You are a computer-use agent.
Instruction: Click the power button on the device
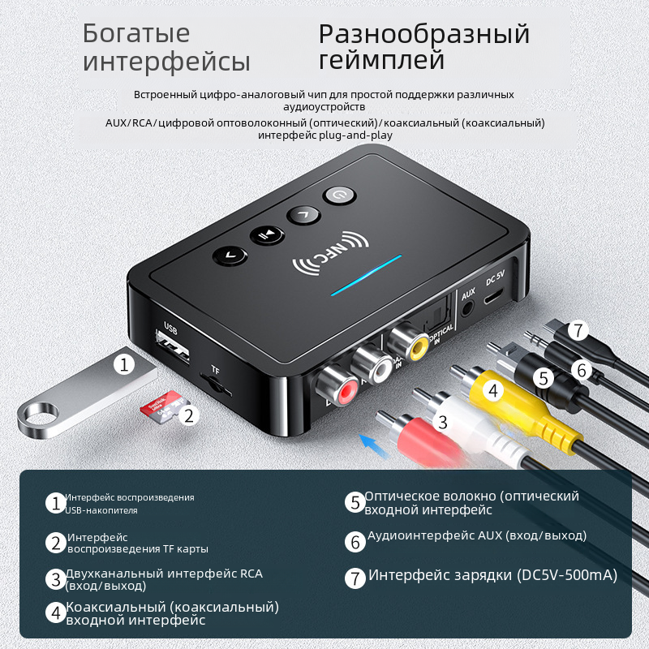point(339,195)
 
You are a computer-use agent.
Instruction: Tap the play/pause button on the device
point(267,235)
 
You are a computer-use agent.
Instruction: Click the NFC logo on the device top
point(331,253)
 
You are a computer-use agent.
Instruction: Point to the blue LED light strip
point(366,275)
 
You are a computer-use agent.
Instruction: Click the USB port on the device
point(173,347)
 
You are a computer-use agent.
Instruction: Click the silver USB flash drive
point(87,394)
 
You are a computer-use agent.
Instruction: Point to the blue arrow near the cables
point(375,447)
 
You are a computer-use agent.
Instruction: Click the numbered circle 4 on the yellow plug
point(492,390)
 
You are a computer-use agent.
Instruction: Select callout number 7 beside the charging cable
point(578,330)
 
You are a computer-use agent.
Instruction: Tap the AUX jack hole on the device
point(467,308)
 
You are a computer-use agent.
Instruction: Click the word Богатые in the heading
point(136,33)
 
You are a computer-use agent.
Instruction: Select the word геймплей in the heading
point(381,60)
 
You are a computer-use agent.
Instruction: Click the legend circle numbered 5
point(355,502)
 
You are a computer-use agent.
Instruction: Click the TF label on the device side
point(215,370)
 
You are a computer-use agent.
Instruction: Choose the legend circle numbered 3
point(56,578)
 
